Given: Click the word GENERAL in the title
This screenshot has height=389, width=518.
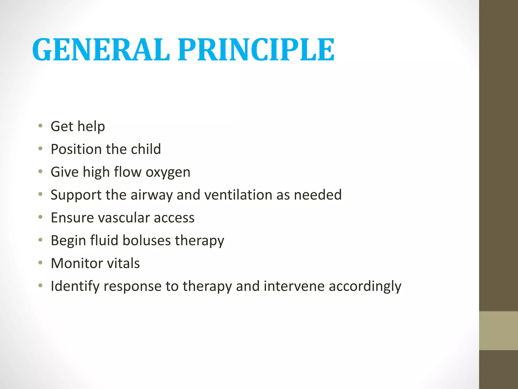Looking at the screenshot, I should [x=101, y=50].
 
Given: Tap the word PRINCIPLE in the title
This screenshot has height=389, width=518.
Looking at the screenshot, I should [x=256, y=50].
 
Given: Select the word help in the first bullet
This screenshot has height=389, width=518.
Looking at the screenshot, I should [x=91, y=127].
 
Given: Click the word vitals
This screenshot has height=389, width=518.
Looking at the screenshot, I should [x=123, y=263].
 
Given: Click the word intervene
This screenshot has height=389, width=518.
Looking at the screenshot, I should [x=294, y=286].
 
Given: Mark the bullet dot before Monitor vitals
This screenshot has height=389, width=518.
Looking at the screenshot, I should [x=40, y=263].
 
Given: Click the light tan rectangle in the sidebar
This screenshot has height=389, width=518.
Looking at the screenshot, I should [x=498, y=330].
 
